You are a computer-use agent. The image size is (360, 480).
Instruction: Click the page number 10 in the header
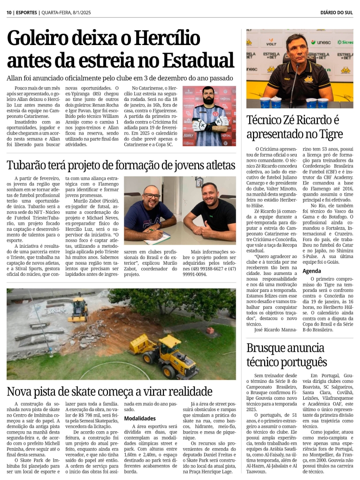(9, 12)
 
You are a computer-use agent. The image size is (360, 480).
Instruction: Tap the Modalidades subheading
(140, 418)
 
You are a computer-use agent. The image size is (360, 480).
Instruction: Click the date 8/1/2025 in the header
(82, 12)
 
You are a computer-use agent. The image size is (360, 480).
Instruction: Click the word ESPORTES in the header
(26, 12)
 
